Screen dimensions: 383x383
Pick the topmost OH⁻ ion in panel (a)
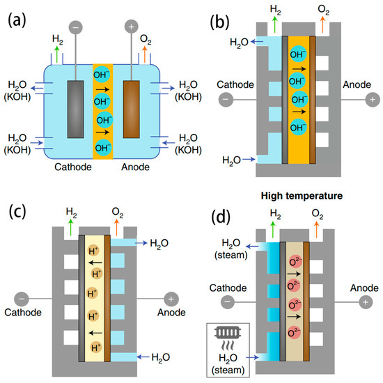pyautogui.click(x=102, y=74)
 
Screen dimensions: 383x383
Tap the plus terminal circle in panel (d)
pyautogui.click(x=366, y=303)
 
